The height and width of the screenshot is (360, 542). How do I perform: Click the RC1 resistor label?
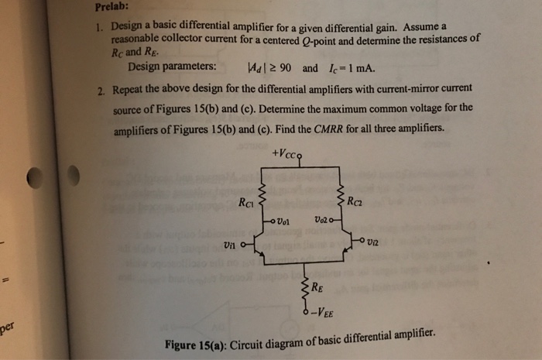coord(246,204)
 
